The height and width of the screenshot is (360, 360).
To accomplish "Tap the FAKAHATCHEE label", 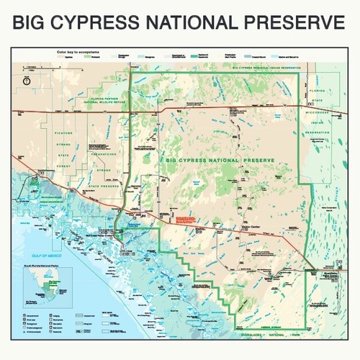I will tap(103, 152).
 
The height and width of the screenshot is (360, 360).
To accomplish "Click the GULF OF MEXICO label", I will tap(35, 255).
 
